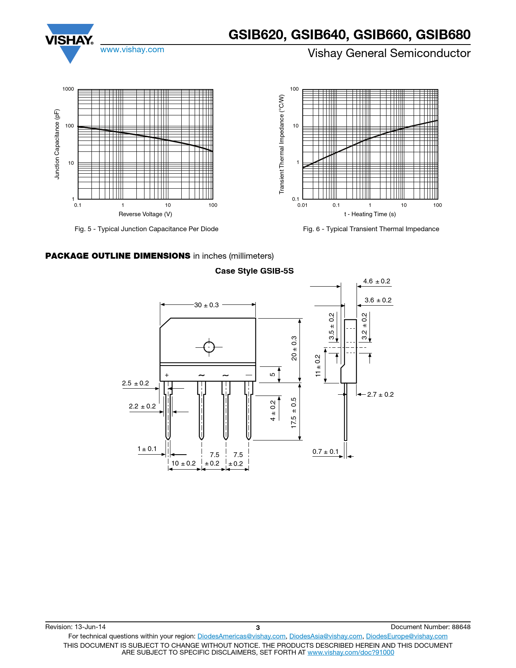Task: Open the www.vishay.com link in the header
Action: coord(132,50)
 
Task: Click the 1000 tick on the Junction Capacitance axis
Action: coord(68,89)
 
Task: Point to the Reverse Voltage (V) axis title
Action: coord(145,214)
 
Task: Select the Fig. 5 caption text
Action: coord(146,229)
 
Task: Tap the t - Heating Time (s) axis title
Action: coord(370,214)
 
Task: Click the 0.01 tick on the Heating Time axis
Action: coord(302,205)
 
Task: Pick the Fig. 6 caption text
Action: coord(371,229)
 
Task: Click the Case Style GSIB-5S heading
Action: coord(254,271)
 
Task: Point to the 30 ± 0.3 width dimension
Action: coord(206,305)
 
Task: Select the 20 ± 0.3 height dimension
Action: coord(294,348)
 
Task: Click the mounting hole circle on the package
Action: coord(209,347)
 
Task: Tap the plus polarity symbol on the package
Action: coord(167,376)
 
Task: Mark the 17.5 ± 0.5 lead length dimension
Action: coord(294,413)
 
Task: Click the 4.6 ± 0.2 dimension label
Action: coord(376,281)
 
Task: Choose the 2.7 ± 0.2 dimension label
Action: coord(380,395)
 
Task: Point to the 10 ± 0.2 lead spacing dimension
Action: coord(183,464)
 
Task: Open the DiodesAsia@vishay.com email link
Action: coord(325,636)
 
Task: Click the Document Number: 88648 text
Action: coord(430,627)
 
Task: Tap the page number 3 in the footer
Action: coord(258,628)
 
